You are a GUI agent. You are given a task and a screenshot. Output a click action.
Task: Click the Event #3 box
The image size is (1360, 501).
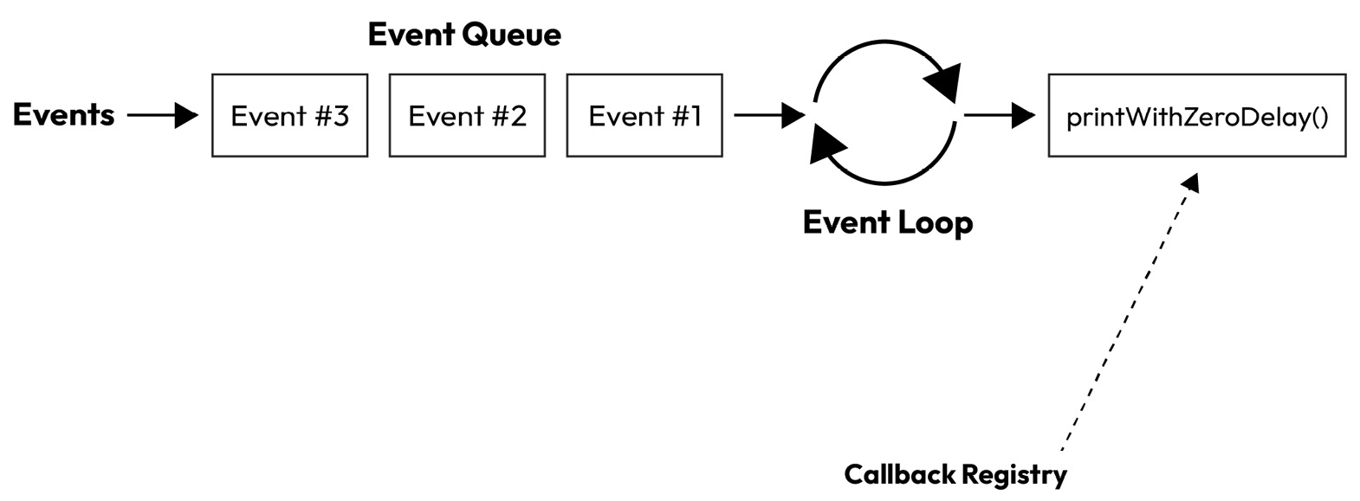pos(289,115)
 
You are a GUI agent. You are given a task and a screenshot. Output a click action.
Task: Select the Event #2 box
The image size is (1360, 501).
pos(467,115)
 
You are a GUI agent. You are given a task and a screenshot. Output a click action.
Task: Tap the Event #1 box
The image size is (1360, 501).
pos(644,115)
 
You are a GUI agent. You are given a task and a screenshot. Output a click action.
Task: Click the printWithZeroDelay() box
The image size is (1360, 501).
pos(1196,115)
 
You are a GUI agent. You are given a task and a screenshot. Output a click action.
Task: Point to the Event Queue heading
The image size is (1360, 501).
pos(464,35)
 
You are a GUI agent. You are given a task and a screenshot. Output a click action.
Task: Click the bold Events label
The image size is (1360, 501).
pos(63,114)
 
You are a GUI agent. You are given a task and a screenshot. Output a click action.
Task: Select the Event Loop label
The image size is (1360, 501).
pos(888,222)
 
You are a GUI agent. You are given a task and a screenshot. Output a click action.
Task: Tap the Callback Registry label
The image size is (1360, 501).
pos(955,474)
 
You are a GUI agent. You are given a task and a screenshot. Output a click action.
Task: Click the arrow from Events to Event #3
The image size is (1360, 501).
pos(163,114)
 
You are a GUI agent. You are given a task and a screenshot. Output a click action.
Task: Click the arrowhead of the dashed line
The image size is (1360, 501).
pos(1192,182)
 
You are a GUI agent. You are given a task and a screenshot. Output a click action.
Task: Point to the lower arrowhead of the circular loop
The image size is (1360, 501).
pos(826,145)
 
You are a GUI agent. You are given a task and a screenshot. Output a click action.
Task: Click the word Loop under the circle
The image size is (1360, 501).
pos(935,222)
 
